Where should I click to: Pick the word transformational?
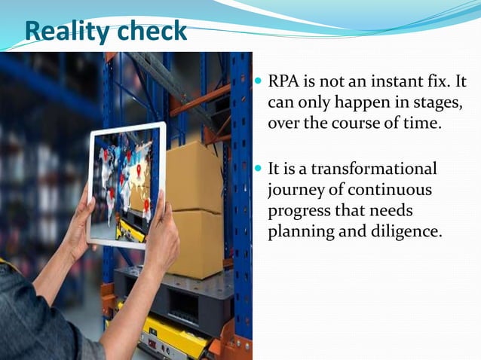[x=374, y=169]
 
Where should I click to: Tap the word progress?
[x=298, y=211]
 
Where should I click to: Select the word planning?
[x=299, y=232]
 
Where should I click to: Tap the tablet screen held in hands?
[x=126, y=184]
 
